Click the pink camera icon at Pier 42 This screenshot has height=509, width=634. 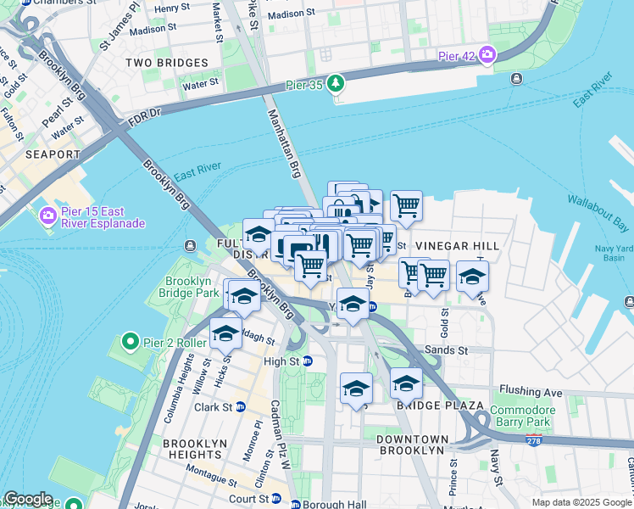487,56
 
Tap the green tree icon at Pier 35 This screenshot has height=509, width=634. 337,83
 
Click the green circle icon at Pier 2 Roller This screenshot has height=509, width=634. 130,342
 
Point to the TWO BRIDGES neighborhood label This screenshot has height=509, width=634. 166,63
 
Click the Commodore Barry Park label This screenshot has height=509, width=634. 523,416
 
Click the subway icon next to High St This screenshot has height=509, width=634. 308,361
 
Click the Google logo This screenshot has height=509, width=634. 28,499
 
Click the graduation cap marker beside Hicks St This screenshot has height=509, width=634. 225,333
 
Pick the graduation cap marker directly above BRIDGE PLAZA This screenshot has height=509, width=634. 406,383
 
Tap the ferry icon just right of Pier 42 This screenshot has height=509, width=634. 516,79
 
